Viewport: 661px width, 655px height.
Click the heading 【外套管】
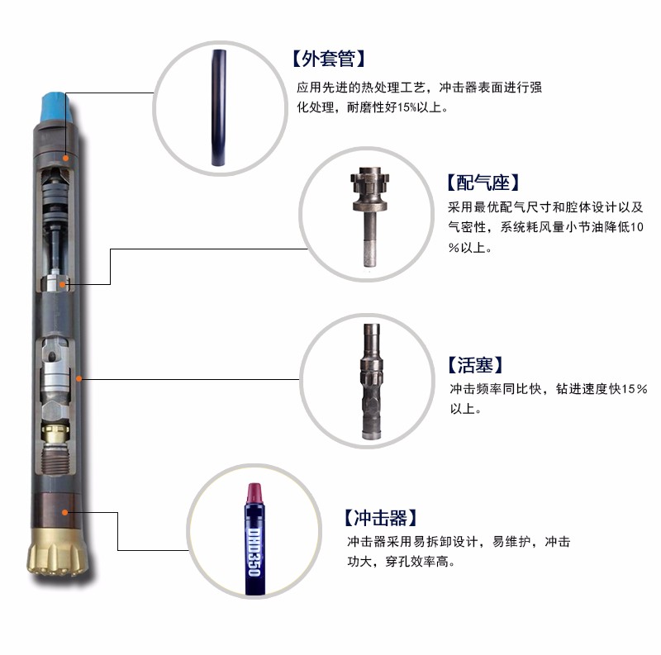[329, 59]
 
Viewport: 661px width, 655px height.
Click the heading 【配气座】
[483, 183]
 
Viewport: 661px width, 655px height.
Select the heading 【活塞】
[476, 364]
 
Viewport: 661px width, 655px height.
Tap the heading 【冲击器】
[380, 518]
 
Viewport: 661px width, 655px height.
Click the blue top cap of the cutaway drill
[55, 108]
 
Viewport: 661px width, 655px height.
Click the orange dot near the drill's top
[66, 158]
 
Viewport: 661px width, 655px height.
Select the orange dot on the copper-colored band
[65, 513]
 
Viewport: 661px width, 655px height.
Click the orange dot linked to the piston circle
[78, 378]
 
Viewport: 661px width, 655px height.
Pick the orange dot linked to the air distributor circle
[63, 284]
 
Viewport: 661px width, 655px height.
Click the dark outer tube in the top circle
[219, 108]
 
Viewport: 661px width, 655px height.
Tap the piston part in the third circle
[372, 382]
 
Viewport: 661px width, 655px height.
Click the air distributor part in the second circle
[370, 216]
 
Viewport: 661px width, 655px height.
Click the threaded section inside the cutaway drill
[55, 458]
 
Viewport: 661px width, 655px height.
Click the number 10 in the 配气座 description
[637, 227]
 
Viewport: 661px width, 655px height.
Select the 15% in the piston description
[635, 388]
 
